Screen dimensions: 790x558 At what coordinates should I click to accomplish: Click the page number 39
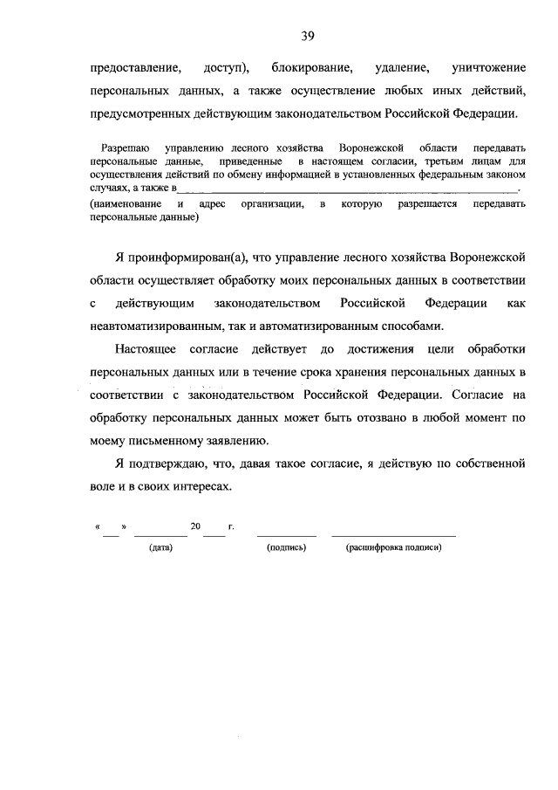[307, 36]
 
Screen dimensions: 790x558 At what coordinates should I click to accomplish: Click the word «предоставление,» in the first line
[135, 66]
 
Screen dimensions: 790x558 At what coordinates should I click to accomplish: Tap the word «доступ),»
[227, 66]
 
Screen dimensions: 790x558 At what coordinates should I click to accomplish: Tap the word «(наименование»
[125, 203]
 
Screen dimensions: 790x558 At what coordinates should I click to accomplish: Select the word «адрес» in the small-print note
[213, 203]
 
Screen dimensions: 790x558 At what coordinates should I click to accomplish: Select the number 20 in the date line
[196, 527]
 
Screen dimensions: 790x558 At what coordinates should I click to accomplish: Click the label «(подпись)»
[287, 547]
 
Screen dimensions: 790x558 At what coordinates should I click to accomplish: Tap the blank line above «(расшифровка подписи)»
[393, 534]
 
